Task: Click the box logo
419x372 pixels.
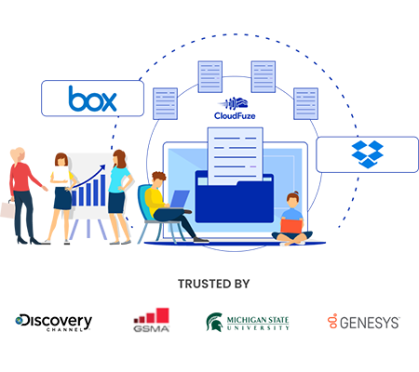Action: (x=92, y=99)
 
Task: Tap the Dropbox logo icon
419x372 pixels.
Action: (x=367, y=154)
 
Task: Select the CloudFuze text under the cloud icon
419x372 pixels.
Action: (x=235, y=116)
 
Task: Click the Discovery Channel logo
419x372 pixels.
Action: (x=54, y=323)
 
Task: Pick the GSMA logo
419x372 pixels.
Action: (x=151, y=320)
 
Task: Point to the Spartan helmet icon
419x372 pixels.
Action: (x=215, y=322)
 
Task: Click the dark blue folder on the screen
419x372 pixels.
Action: (x=235, y=198)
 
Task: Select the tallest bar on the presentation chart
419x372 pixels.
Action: (x=102, y=190)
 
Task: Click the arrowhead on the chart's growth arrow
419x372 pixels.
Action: (x=101, y=168)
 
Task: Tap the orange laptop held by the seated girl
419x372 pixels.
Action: (x=291, y=226)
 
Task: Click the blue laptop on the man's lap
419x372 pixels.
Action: (x=179, y=199)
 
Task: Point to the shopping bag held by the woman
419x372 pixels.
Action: (x=7, y=209)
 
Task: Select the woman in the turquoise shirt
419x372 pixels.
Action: (x=120, y=197)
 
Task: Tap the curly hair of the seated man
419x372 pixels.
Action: (x=159, y=178)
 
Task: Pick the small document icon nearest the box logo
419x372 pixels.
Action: (x=165, y=104)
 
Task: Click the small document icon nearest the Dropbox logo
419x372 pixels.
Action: (x=305, y=104)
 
